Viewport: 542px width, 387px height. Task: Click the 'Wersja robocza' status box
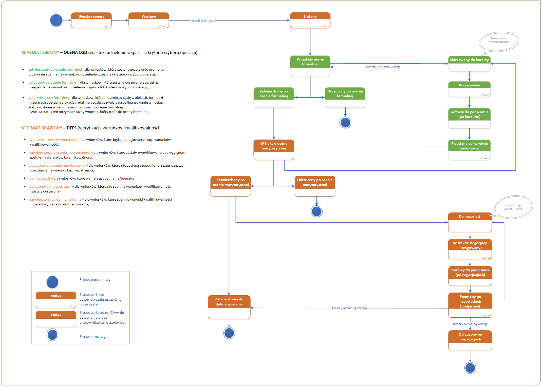[91, 20]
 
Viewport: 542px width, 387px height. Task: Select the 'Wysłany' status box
[148, 20]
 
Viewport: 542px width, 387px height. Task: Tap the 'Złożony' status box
[310, 20]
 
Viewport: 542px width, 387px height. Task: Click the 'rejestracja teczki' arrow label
[203, 20]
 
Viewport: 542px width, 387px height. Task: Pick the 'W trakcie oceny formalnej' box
[310, 66]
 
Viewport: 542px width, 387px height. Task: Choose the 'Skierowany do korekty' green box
[469, 64]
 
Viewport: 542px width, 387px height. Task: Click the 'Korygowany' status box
[469, 89]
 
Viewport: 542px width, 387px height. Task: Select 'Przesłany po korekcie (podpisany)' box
[469, 149]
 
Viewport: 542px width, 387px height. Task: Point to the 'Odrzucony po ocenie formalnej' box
[345, 97]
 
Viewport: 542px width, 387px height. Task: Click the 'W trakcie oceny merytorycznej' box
[273, 149]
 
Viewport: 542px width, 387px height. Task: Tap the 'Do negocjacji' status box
[470, 222]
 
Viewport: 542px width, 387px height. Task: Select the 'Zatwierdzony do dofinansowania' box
[229, 307]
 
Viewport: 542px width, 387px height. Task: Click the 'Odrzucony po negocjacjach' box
[470, 340]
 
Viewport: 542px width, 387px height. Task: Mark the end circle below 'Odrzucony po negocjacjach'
[470, 368]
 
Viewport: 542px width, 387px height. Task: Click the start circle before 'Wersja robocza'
[56, 20]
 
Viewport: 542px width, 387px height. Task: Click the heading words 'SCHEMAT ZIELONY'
[40, 52]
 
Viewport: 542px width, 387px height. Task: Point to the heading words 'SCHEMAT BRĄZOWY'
[41, 128]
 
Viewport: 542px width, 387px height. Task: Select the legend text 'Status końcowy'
[92, 337]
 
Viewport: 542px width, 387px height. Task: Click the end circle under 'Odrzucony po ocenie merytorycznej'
[316, 211]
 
